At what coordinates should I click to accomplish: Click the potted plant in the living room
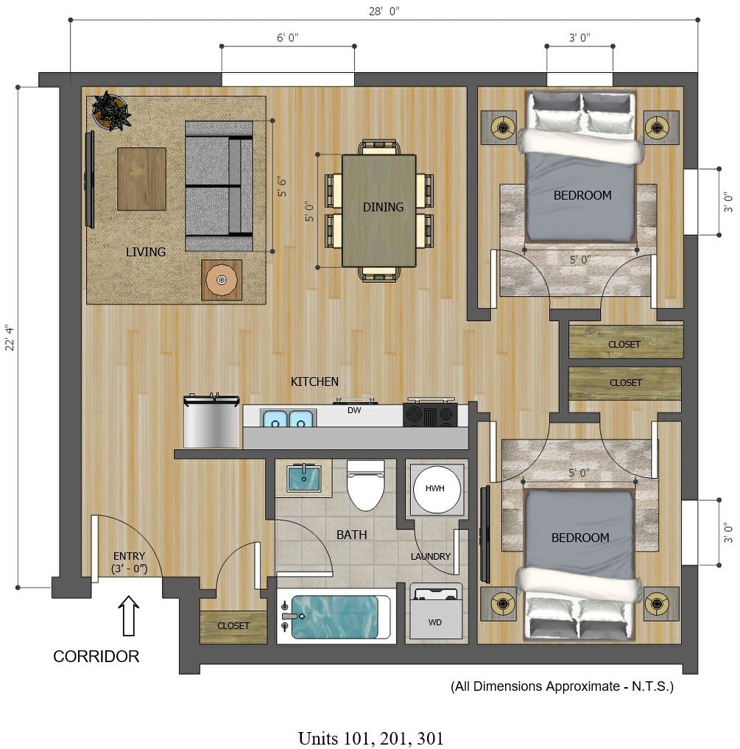tap(112, 110)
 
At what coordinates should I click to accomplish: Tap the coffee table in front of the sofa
tap(142, 179)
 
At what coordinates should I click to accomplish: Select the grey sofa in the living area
tap(219, 186)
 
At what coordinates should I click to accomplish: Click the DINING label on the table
tap(383, 207)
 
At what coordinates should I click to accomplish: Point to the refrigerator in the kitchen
tap(211, 421)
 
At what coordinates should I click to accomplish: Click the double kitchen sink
tap(288, 418)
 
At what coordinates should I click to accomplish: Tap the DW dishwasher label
tap(354, 410)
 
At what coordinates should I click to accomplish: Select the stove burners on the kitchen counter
tap(430, 415)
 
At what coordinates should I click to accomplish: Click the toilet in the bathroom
tap(365, 485)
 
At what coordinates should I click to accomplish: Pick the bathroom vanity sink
tap(303, 479)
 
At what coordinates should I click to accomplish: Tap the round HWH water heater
tap(437, 489)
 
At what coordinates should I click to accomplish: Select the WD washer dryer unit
tap(436, 611)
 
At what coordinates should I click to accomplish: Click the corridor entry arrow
tap(129, 616)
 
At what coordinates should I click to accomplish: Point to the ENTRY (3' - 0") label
tap(129, 562)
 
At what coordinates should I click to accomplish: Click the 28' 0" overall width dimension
tap(384, 12)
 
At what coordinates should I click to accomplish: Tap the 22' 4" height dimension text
tap(10, 338)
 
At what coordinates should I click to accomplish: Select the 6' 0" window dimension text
tap(288, 38)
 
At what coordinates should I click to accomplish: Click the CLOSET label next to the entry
tap(233, 626)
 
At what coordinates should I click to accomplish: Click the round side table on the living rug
tap(221, 280)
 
